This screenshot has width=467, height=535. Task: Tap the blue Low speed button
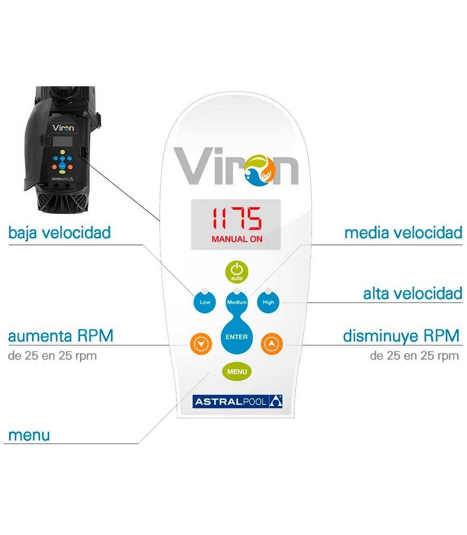[204, 302]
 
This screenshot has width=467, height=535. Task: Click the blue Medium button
[237, 302]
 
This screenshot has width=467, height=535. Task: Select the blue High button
[268, 302]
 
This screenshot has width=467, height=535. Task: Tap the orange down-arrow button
[201, 343]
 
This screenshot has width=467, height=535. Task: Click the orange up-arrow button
[272, 343]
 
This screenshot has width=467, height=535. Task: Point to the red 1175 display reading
[237, 218]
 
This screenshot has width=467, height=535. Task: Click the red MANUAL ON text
[237, 239]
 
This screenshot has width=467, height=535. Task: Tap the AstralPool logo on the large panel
[237, 402]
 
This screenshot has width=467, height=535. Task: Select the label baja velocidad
[59, 233]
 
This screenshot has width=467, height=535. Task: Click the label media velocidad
[403, 233]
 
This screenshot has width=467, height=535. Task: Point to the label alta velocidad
[413, 293]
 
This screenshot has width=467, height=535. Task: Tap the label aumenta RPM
[60, 336]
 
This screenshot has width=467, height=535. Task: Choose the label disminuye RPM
[401, 336]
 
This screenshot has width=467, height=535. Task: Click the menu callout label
[29, 435]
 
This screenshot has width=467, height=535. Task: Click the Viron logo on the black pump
[63, 128]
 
